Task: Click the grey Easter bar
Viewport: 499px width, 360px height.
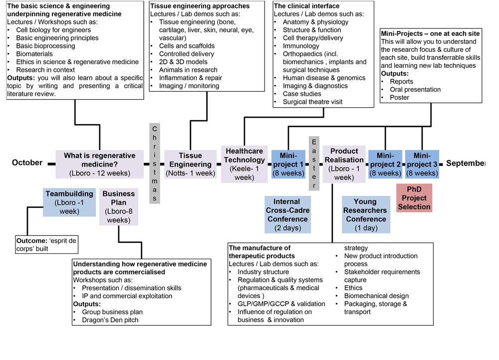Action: pyautogui.click(x=314, y=163)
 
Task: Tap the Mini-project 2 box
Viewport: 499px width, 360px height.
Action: pyautogui.click(x=385, y=164)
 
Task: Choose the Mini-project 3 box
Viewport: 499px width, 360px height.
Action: pyautogui.click(x=422, y=164)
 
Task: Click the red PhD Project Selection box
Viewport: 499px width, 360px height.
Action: pyautogui.click(x=414, y=198)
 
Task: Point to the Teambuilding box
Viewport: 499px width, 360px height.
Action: pyautogui.click(x=69, y=202)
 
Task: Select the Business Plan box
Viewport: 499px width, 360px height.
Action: pyautogui.click(x=119, y=206)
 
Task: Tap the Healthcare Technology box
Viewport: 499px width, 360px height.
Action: pyautogui.click(x=245, y=164)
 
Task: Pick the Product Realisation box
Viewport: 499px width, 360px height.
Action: pyautogui.click(x=344, y=164)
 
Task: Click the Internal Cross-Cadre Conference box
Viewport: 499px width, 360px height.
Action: pyautogui.click(x=287, y=214)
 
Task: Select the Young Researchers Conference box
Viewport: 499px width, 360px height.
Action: pyautogui.click(x=366, y=214)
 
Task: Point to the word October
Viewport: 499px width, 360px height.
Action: pyautogui.click(x=27, y=163)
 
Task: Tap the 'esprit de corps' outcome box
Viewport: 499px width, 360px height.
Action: pyautogui.click(x=47, y=244)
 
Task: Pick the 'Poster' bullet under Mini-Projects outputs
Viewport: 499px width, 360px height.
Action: pyautogui.click(x=399, y=97)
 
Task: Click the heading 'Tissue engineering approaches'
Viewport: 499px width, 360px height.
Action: pyautogui.click(x=200, y=6)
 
